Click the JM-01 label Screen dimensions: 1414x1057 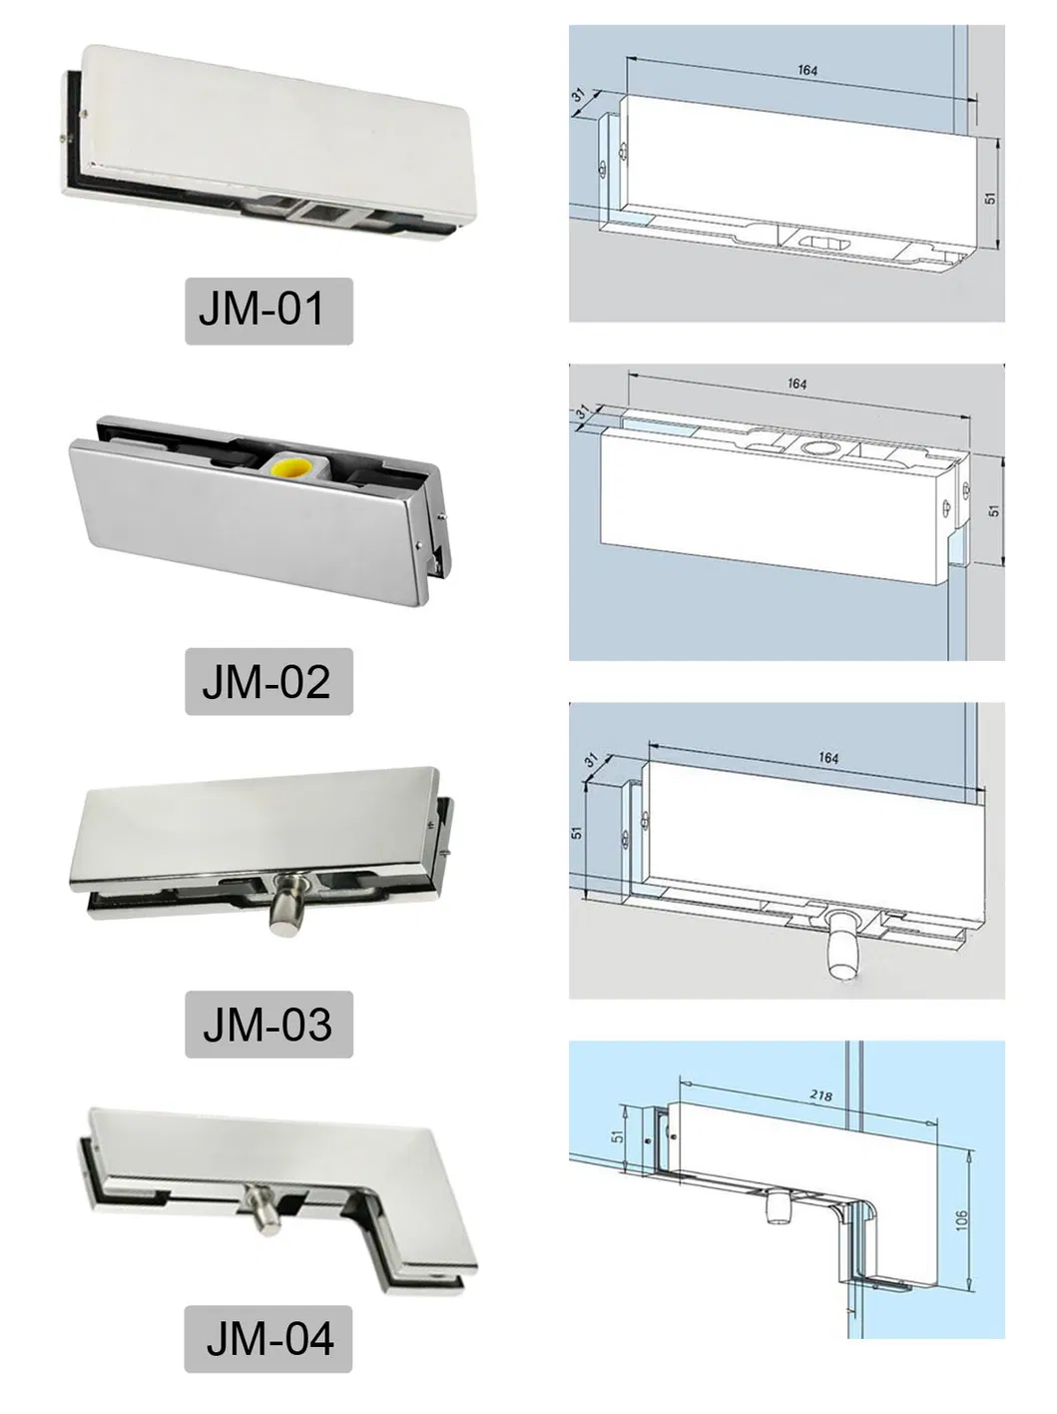click(x=268, y=312)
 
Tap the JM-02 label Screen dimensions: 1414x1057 click(x=268, y=681)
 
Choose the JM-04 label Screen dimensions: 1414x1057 click(x=269, y=1338)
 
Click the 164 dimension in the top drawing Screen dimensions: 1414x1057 click(x=807, y=70)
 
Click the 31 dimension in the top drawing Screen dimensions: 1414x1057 click(x=580, y=96)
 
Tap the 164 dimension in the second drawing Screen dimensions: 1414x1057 click(x=796, y=383)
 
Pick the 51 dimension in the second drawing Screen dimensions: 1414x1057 click(x=993, y=509)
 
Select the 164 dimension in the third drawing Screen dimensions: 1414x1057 click(x=828, y=758)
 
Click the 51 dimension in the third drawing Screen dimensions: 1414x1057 click(x=577, y=831)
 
